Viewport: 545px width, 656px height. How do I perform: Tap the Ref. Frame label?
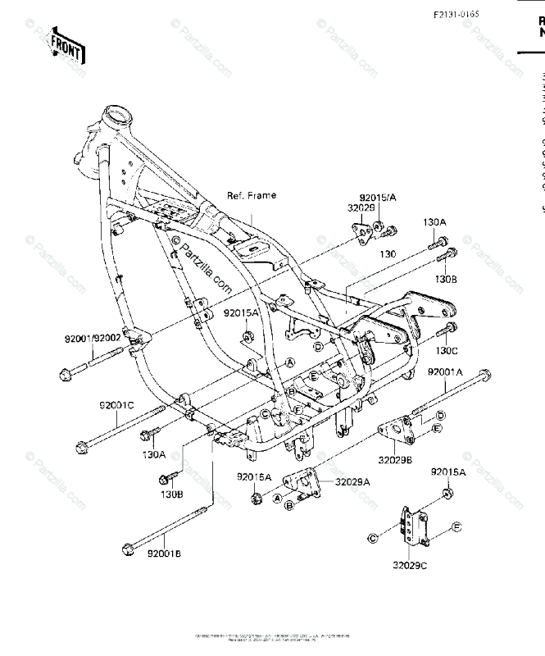(x=252, y=195)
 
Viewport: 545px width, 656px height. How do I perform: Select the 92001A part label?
(x=445, y=371)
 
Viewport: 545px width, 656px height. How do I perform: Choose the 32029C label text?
(x=411, y=566)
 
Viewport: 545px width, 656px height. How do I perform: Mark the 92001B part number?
(x=164, y=553)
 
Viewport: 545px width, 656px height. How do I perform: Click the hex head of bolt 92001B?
(x=126, y=548)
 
